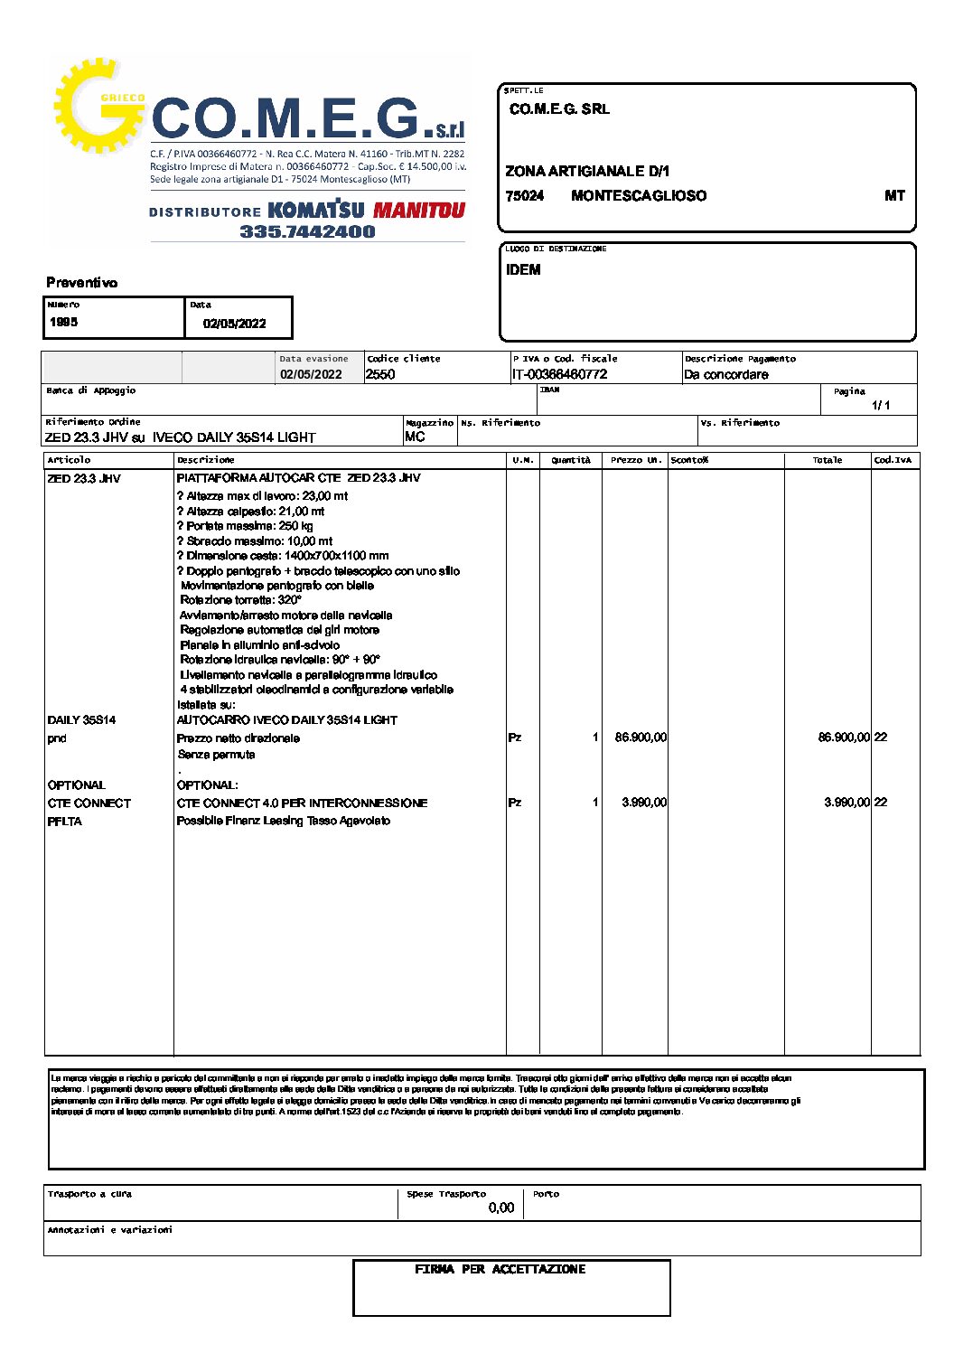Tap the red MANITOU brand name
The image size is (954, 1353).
click(x=419, y=211)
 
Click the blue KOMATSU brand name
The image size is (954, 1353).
click(x=316, y=211)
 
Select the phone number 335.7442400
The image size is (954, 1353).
click(x=307, y=231)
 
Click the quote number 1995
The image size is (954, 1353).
click(x=64, y=322)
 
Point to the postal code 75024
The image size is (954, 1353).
click(x=525, y=196)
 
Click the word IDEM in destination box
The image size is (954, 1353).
click(x=523, y=269)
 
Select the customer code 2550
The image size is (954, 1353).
click(x=380, y=374)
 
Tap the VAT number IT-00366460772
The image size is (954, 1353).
click(x=559, y=374)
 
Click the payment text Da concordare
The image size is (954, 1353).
click(x=726, y=374)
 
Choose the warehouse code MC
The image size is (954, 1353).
click(x=415, y=437)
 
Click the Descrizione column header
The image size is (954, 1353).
click(x=206, y=460)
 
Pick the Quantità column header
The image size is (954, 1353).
click(x=571, y=460)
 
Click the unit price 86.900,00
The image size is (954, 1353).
click(x=641, y=738)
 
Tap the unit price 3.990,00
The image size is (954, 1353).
click(x=644, y=803)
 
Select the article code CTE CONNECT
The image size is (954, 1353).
click(x=89, y=803)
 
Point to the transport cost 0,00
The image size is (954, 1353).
click(x=500, y=1207)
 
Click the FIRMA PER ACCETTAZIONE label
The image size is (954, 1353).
click(x=500, y=1270)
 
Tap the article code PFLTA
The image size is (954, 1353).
click(x=65, y=822)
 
